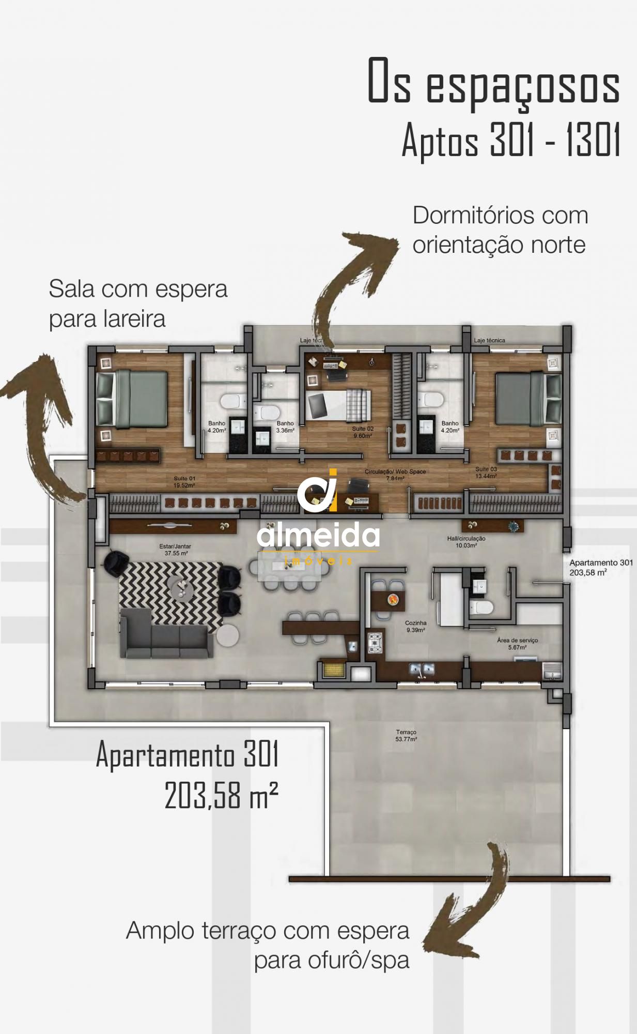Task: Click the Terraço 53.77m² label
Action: point(406,735)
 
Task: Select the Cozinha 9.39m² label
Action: point(415,627)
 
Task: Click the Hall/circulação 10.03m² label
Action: point(465,541)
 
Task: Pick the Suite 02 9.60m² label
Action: point(363,432)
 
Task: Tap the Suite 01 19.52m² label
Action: point(184,482)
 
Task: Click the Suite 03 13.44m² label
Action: point(486,473)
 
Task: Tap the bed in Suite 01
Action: point(132,399)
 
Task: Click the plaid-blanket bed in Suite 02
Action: point(338,406)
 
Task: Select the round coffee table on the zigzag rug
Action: point(181,588)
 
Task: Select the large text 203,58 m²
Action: point(222,795)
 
